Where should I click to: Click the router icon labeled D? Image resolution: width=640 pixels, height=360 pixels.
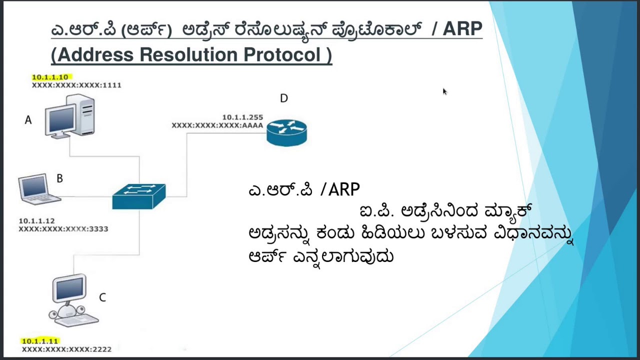(286, 132)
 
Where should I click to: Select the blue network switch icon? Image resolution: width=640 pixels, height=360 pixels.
(139, 196)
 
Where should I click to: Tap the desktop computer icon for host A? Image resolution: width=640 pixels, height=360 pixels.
(69, 117)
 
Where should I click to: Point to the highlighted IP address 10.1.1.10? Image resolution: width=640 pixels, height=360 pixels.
(50, 77)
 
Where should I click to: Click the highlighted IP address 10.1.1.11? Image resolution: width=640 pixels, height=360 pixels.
(40, 341)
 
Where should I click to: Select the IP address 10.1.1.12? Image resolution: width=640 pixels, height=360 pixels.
(36, 220)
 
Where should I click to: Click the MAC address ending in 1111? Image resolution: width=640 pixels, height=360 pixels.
(76, 85)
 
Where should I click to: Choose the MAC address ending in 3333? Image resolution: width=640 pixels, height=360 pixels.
(63, 228)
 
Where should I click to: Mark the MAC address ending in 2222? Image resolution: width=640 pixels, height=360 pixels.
(66, 349)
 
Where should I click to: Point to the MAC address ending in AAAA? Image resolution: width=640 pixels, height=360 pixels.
(217, 125)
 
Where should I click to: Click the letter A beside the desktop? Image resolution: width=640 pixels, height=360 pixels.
(28, 120)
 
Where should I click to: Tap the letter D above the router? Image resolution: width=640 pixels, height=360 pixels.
(284, 98)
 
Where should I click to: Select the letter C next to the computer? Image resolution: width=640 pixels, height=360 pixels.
(102, 297)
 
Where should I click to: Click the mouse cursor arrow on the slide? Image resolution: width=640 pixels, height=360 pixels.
(444, 91)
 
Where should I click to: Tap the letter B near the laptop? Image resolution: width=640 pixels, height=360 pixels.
(59, 178)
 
